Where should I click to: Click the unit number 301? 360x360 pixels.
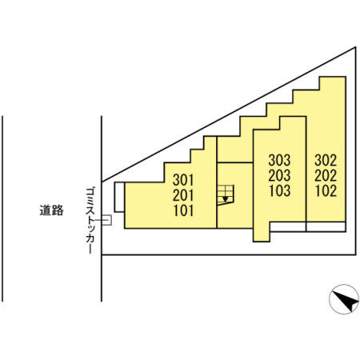pos(183,180)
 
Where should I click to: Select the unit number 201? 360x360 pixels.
pos(183,195)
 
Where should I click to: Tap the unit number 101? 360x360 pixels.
pos(183,210)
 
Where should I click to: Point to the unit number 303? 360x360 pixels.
pos(279,160)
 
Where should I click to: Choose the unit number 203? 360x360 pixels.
pos(279,175)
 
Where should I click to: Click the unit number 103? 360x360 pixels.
pos(279,190)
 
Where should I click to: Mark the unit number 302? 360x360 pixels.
pos(326,160)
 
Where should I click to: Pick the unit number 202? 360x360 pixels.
pos(326,175)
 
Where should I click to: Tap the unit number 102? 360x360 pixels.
pos(326,190)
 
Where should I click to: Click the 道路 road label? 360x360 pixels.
pos(52,210)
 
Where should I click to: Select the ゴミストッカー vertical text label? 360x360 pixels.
pos(90,220)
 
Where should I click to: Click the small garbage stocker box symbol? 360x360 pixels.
pos(106,220)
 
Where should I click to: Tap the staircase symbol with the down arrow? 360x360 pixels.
pos(226,195)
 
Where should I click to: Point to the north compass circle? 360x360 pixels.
pos(344,299)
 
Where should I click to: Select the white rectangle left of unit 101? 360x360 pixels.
pos(119,197)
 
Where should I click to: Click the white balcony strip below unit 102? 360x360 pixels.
pos(326,226)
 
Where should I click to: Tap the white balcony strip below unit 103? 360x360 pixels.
pos(288,226)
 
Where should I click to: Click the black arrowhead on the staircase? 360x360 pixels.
pos(226,199)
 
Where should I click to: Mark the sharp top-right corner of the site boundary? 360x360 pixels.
pos(356,47)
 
